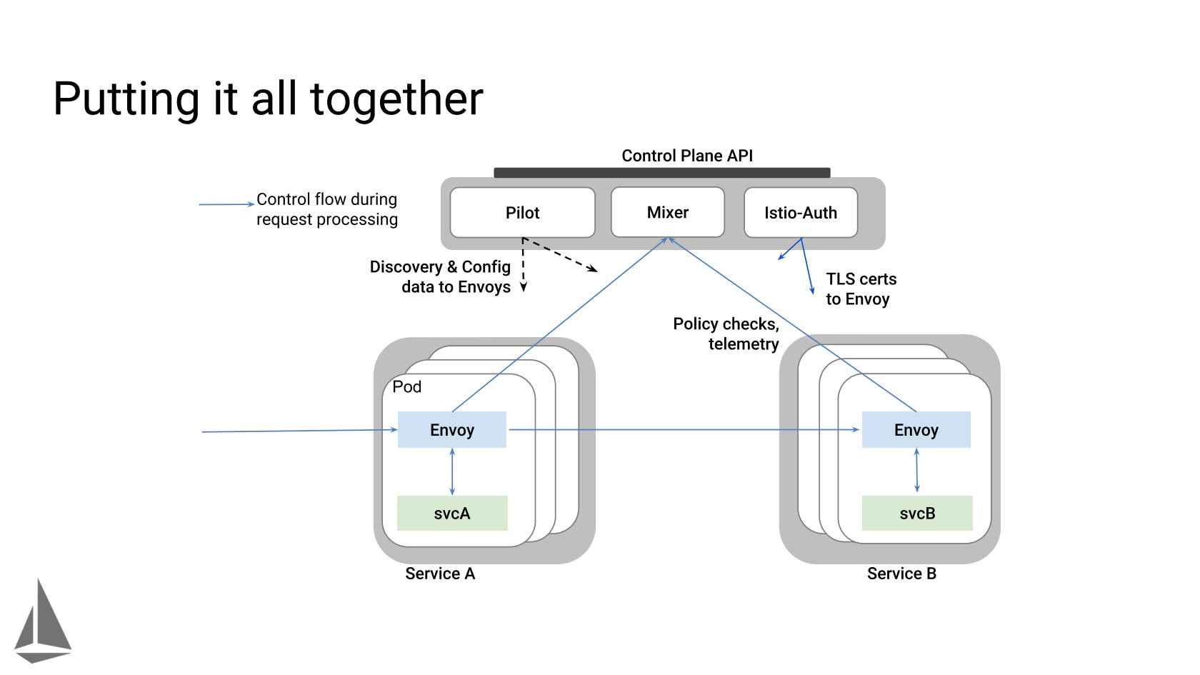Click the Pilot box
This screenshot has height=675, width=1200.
pyautogui.click(x=522, y=213)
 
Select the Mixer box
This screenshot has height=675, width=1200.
pyautogui.click(x=667, y=212)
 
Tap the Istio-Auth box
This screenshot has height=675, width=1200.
pyautogui.click(x=800, y=213)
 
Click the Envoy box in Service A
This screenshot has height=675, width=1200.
pyautogui.click(x=451, y=430)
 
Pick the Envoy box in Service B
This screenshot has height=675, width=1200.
pyautogui.click(x=916, y=430)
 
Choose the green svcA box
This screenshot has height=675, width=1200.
pyautogui.click(x=452, y=514)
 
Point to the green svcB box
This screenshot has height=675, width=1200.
pyautogui.click(x=917, y=514)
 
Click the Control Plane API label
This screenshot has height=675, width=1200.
pyautogui.click(x=687, y=156)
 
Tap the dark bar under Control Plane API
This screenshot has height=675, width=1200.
pyautogui.click(x=661, y=173)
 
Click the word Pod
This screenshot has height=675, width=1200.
pyautogui.click(x=407, y=387)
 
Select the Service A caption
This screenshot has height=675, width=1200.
pyautogui.click(x=440, y=574)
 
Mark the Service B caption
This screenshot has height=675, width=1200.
pyautogui.click(x=901, y=574)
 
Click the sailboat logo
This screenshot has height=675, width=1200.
pyautogui.click(x=43, y=621)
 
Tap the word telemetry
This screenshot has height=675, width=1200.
pyautogui.click(x=744, y=344)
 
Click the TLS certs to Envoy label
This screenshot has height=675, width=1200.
pyautogui.click(x=861, y=289)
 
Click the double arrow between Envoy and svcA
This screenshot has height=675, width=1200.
pyautogui.click(x=452, y=471)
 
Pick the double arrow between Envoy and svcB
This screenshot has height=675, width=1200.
pyautogui.click(x=916, y=471)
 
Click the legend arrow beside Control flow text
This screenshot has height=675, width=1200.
pyautogui.click(x=226, y=204)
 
